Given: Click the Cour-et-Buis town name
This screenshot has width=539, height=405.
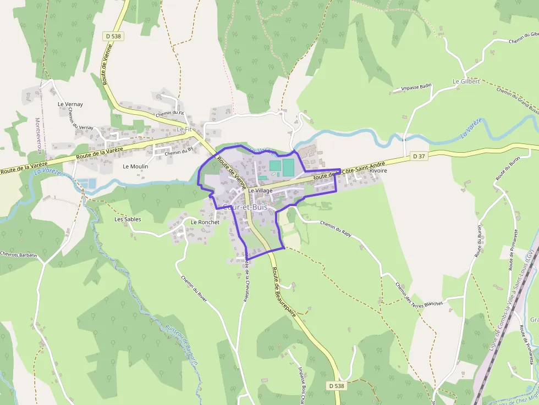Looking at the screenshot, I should [245, 207].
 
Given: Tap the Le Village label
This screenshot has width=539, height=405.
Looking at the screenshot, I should [260, 191].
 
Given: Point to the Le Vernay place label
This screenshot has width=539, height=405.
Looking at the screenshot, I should [70, 104].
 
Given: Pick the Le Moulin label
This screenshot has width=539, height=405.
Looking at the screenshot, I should [135, 166].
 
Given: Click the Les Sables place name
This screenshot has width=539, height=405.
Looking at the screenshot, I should [128, 219].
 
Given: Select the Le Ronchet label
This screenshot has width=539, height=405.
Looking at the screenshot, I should [205, 223].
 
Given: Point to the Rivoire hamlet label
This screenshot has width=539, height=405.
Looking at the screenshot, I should [378, 171].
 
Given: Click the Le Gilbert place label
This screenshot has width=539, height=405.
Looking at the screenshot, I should [466, 81].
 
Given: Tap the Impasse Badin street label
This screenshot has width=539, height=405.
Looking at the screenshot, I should [416, 87].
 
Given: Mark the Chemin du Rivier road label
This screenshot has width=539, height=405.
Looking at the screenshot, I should [194, 288].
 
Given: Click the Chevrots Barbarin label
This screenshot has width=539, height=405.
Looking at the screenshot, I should [19, 254].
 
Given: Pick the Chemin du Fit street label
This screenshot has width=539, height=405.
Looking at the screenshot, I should [170, 114].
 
